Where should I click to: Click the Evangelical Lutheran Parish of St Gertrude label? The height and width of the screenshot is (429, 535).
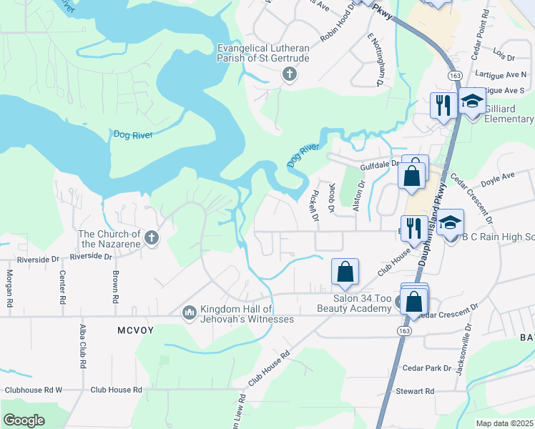(264, 52)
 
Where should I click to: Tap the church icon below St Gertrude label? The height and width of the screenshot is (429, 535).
(289, 74)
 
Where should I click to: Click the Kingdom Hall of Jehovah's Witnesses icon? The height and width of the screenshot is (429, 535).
(190, 312)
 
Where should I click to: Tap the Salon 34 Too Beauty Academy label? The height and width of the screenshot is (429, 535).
(353, 303)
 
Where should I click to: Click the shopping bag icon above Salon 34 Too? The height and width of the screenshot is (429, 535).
(345, 272)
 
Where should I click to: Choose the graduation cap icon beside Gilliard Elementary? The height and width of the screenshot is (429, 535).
(471, 102)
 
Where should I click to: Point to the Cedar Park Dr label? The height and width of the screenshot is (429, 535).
(427, 368)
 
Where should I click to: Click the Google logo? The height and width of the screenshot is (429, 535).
(24, 420)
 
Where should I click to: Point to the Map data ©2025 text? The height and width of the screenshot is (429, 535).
(504, 423)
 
